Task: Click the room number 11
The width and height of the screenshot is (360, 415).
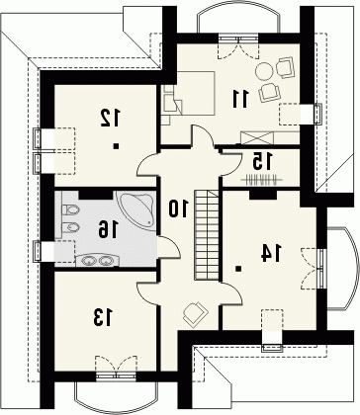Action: click(240, 99)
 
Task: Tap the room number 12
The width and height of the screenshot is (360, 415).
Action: click(111, 119)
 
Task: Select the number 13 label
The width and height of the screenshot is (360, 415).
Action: click(103, 317)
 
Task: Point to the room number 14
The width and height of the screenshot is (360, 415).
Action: click(271, 253)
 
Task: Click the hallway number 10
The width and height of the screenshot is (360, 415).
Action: click(178, 208)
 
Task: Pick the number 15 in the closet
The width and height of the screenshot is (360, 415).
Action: click(263, 160)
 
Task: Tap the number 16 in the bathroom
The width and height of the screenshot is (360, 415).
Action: click(108, 229)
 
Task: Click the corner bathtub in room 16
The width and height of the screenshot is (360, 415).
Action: click(136, 209)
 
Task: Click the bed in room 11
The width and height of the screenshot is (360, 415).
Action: click(188, 93)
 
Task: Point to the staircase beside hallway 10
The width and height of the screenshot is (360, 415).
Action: click(207, 235)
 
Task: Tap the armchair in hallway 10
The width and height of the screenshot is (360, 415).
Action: click(195, 313)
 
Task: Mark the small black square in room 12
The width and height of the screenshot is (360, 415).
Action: click(116, 146)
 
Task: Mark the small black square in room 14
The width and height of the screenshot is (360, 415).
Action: click(238, 269)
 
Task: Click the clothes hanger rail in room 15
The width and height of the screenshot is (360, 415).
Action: click(262, 180)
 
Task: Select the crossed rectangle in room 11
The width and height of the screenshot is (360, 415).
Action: click(257, 137)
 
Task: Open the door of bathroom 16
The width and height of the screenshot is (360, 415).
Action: click(168, 247)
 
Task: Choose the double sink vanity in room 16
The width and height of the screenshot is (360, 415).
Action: click(97, 261)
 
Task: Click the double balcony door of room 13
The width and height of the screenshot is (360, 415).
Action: click(116, 367)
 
